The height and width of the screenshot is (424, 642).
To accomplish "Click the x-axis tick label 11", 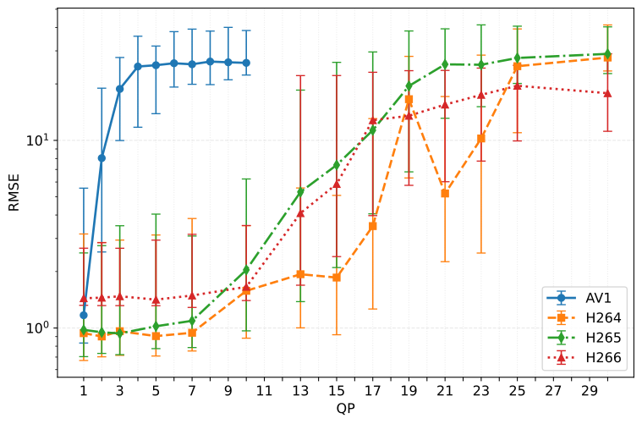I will pos(264,392).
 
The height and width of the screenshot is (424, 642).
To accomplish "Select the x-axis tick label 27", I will pos(553,392).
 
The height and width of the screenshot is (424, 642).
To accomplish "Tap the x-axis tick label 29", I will pos(590,392).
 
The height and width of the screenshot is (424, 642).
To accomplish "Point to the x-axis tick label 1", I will pos(84,392).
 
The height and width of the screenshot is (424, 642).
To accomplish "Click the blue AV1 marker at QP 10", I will pos(246,63).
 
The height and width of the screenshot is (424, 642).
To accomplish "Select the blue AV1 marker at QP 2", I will pos(102,157).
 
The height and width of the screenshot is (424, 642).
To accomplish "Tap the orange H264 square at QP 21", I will pos(445,193).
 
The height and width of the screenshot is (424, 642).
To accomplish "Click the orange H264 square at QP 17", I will pos(372,226).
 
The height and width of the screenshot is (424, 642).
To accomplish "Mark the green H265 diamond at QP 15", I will pos(337,164).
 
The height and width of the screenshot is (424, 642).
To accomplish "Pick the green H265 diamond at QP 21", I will pos(445,64).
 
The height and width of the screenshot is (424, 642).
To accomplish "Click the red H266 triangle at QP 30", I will pos(607,93).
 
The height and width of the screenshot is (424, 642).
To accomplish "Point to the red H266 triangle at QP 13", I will pos(300,213).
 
